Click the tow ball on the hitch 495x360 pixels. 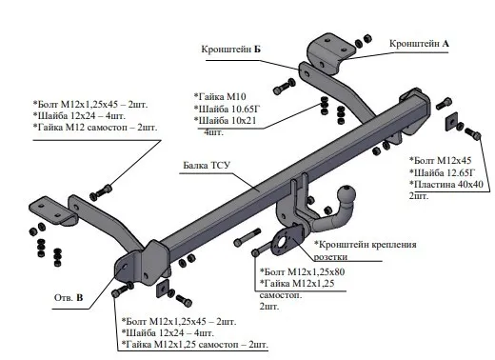coord(346,194)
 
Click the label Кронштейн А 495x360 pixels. coord(419,44)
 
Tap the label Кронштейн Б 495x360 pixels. coord(231,50)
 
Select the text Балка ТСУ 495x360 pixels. coord(207,166)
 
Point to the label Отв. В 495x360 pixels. coord(69,297)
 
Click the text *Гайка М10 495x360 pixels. coord(220,96)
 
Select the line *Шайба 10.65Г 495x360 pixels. coord(227,109)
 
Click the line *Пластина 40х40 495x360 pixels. coord(446,184)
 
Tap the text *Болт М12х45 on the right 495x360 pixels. coord(441,160)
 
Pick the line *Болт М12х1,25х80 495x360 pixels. coord(302,271)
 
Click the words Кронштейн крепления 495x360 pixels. coord(365,245)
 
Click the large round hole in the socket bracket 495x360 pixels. coord(282,243)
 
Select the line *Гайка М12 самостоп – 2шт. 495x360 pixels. coord(95,128)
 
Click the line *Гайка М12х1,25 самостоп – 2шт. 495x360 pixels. coord(195,345)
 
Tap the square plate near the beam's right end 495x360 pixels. coord(451,121)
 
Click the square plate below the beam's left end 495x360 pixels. coord(163,288)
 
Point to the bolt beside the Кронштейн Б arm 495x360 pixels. coord(284,87)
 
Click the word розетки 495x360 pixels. coord(330,257)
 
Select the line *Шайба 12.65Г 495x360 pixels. coord(443,172)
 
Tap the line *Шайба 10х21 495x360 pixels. coord(225,121)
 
